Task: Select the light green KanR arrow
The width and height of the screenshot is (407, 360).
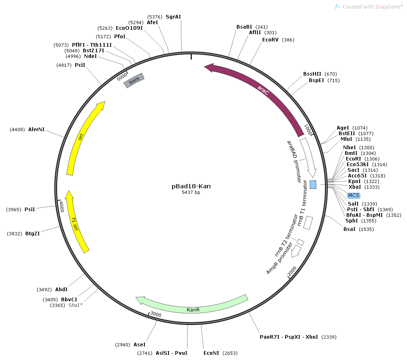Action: pos(193,309)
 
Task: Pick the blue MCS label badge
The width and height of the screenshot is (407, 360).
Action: pos(354,195)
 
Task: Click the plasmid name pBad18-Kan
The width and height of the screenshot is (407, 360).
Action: pos(191,186)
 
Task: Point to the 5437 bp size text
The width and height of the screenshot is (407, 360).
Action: pos(191,193)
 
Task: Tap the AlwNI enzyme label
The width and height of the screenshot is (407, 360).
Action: pos(36,130)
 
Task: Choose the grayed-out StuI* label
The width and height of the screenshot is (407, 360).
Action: pos(76,305)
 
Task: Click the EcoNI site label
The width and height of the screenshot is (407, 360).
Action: pos(211,353)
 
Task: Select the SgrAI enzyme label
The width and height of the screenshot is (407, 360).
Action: pos(173,17)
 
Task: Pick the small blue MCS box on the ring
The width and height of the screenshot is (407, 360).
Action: pos(313,184)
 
